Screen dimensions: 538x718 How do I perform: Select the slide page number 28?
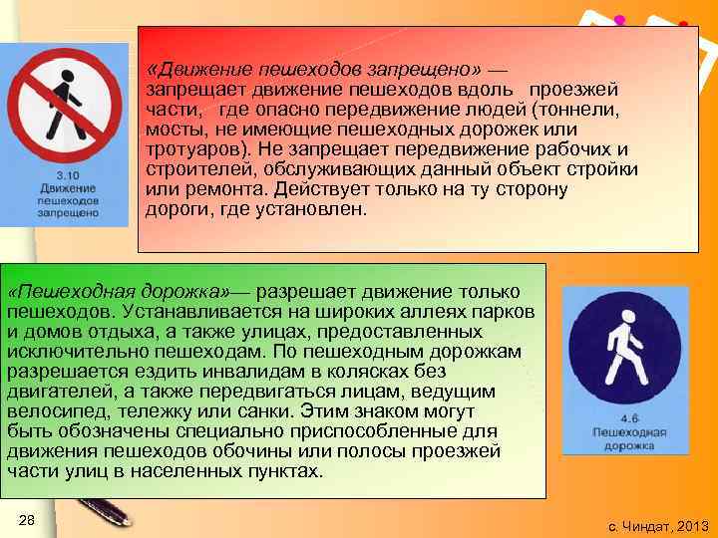pyautogui.click(x=27, y=522)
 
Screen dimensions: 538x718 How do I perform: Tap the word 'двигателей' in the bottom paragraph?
pyautogui.click(x=54, y=392)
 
